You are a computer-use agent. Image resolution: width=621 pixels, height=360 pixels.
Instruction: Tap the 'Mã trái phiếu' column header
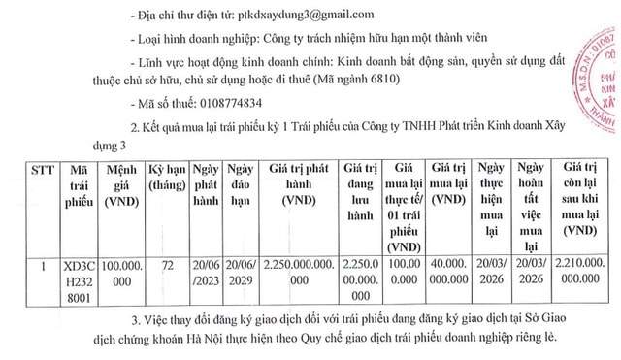80,185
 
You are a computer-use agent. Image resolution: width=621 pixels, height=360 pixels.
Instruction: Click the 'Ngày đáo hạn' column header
240,185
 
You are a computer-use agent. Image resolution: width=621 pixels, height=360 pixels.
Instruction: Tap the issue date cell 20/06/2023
205,272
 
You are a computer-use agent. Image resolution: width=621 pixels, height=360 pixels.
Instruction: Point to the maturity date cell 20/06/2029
240,272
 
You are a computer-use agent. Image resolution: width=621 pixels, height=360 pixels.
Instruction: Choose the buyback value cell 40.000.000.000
448,272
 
